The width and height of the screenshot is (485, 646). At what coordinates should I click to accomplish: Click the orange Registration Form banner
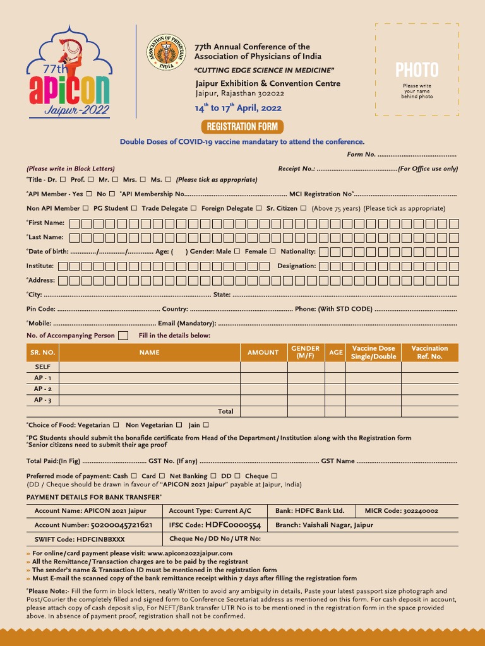point(242,126)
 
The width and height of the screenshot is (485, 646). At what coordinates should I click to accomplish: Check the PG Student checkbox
point(134,208)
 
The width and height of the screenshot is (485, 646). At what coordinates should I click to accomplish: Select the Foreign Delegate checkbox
point(259,208)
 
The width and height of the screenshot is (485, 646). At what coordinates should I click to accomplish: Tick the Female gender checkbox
point(273,251)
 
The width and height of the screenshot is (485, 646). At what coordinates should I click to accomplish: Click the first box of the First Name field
point(75,223)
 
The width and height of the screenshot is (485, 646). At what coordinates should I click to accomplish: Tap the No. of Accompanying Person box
point(123,336)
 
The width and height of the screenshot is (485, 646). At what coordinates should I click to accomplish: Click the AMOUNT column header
point(263,353)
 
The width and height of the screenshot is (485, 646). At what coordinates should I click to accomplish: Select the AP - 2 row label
point(43,389)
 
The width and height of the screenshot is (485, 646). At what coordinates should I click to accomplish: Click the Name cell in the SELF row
point(150,367)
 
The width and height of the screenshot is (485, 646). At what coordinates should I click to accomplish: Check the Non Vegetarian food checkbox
point(179,425)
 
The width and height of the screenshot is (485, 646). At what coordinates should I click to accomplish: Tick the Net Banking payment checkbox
point(214,476)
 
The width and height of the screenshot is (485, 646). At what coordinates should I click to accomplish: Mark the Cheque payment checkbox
point(274,476)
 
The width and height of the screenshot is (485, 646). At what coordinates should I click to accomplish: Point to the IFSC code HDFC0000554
point(232,525)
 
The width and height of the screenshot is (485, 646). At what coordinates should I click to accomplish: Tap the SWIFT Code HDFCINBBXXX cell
point(80,539)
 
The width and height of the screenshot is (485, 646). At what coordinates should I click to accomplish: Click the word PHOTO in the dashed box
point(417,70)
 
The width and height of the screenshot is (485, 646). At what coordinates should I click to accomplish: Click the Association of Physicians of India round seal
point(166,51)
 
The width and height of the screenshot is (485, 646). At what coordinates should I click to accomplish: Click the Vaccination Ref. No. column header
point(429,353)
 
